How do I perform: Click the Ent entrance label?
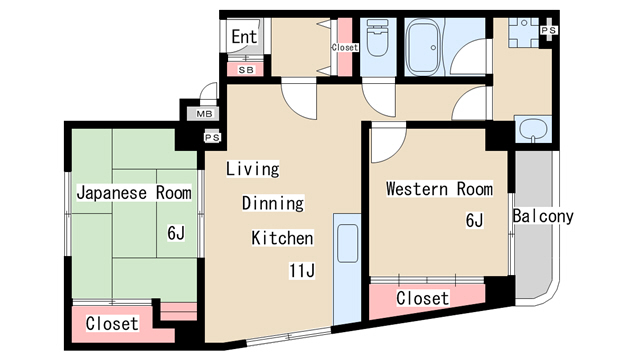click(244, 37)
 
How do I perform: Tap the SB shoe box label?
click(246, 70)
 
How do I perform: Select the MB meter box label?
click(204, 114)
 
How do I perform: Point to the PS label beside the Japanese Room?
click(212, 138)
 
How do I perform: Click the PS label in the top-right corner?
click(549, 30)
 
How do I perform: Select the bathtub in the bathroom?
click(424, 48)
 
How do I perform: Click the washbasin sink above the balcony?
click(533, 129)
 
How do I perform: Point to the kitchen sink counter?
click(347, 269)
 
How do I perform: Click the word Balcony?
click(543, 216)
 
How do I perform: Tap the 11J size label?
click(302, 271)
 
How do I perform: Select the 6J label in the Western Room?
click(474, 220)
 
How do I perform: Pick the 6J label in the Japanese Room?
click(176, 233)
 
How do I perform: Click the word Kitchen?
click(282, 238)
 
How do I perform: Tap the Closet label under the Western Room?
click(422, 298)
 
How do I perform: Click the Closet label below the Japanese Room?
click(112, 323)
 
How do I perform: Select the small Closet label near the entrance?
click(345, 47)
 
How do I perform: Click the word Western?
click(417, 189)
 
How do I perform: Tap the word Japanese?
click(111, 193)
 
